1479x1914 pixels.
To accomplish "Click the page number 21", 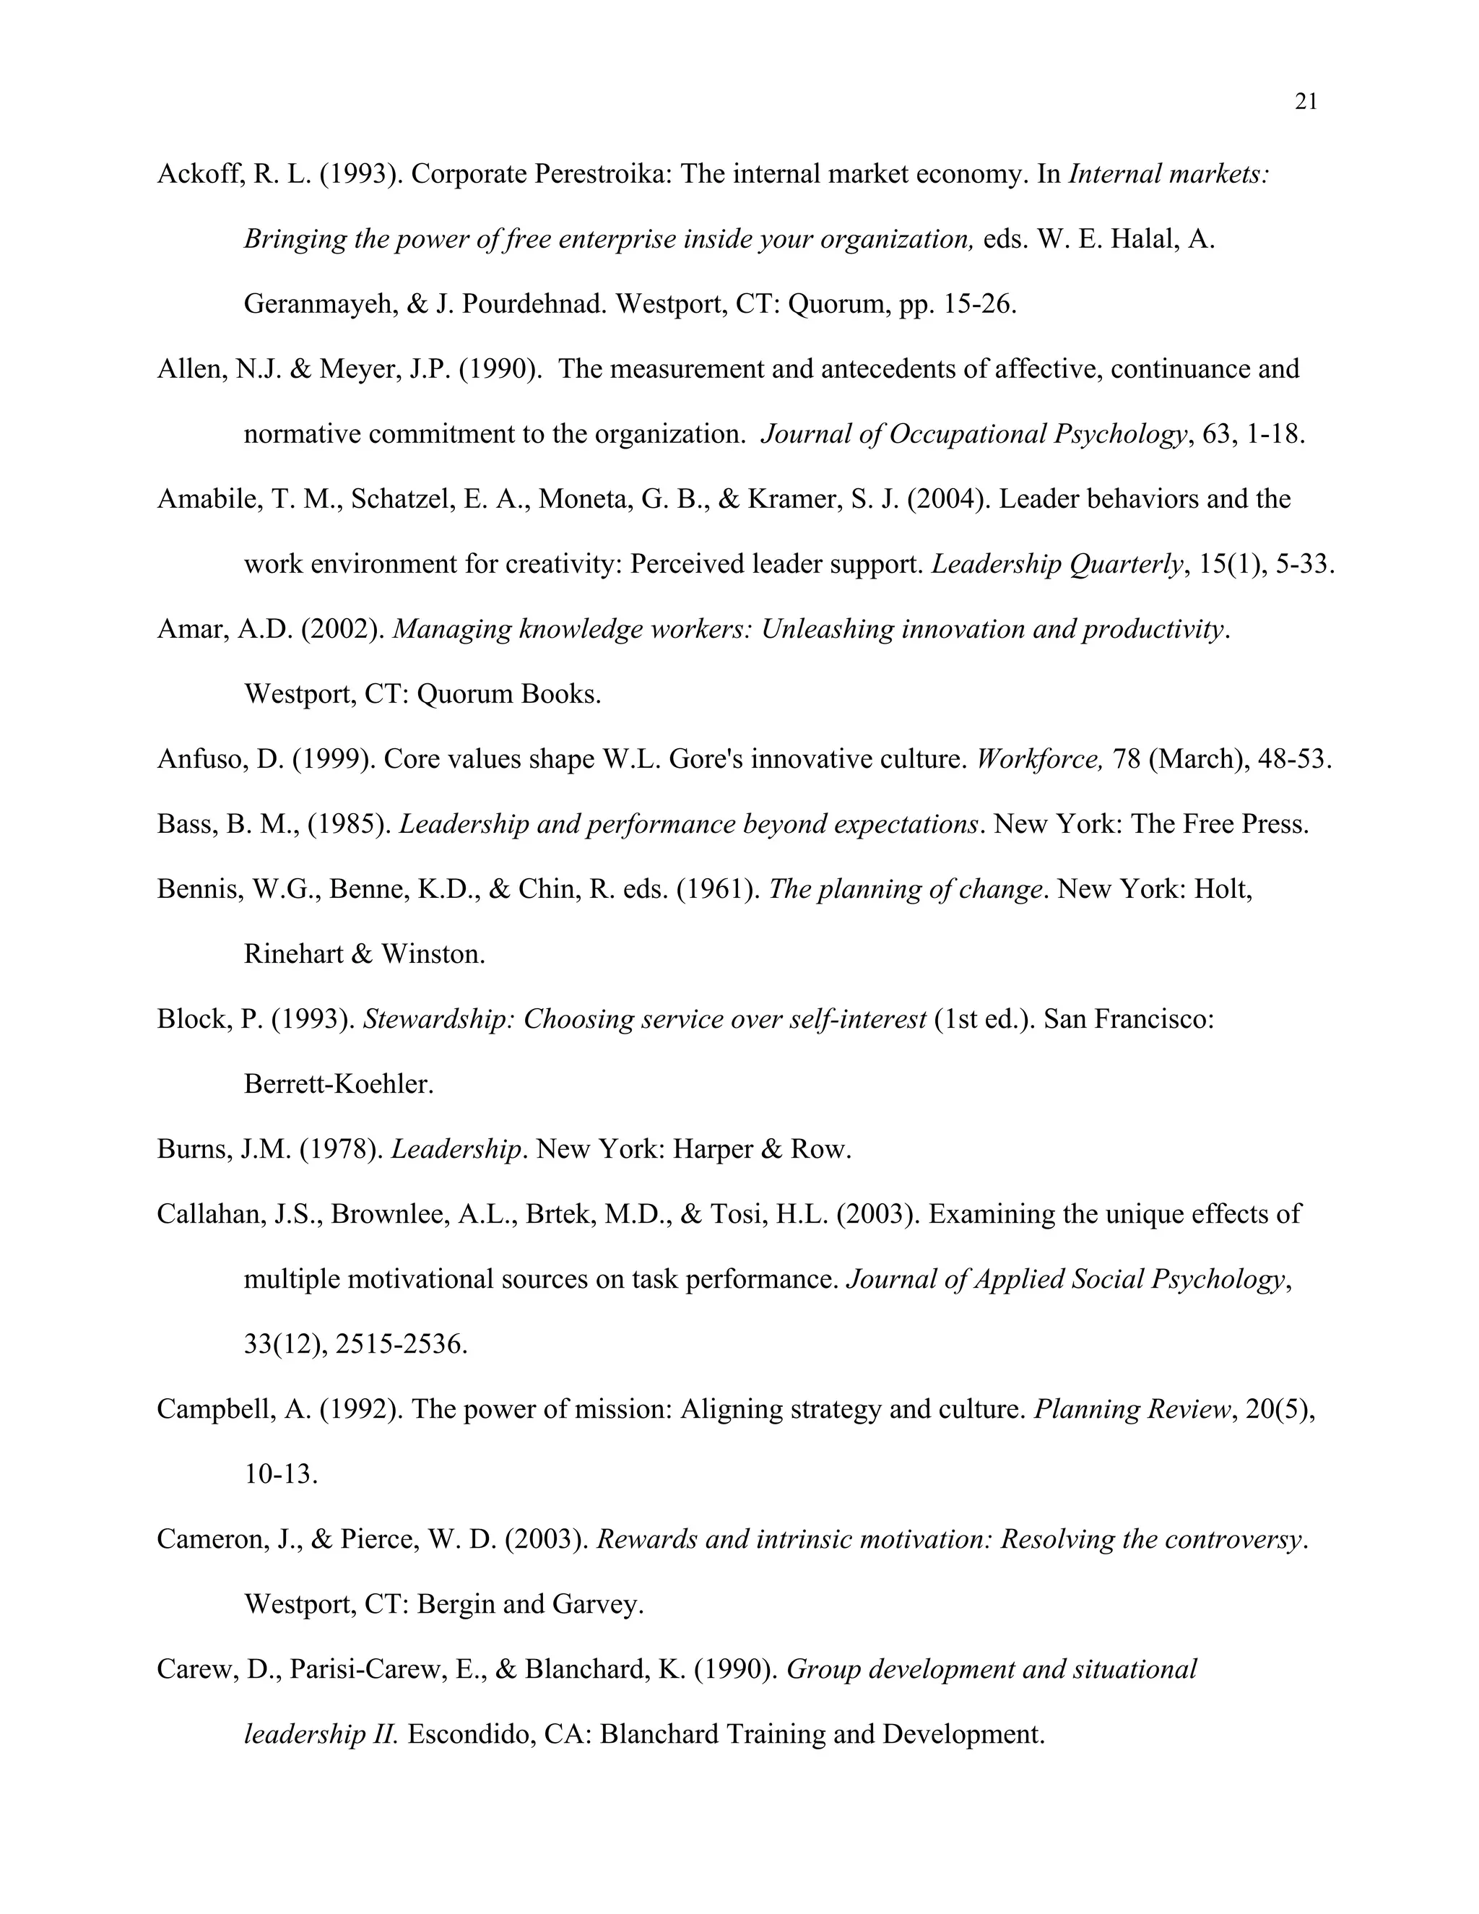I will tap(1306, 103).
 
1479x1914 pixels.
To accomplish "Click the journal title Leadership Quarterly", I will tap(1057, 564).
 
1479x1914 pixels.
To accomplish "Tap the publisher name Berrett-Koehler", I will tap(338, 1085).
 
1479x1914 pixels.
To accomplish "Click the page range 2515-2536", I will tap(402, 1344).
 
